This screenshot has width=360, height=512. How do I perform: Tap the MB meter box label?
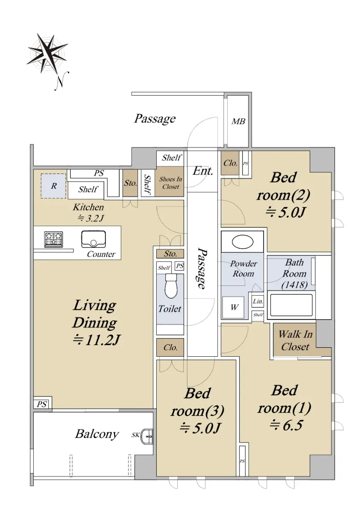pyautogui.click(x=238, y=121)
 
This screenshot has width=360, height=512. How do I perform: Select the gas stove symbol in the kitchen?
pyautogui.click(x=53, y=239)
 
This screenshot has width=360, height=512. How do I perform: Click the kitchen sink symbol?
pyautogui.click(x=94, y=239)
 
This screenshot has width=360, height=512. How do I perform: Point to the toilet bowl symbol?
pyautogui.click(x=171, y=286)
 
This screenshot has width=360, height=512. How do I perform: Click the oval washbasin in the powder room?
pyautogui.click(x=243, y=242)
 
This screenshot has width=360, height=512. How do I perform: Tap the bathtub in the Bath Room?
pyautogui.click(x=291, y=305)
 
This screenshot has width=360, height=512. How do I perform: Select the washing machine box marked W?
pyautogui.click(x=233, y=308)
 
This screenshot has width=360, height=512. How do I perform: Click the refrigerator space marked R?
pyautogui.click(x=53, y=186)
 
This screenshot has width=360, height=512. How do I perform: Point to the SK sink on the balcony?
pyautogui.click(x=147, y=436)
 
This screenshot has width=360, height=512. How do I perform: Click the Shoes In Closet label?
pyautogui.click(x=171, y=183)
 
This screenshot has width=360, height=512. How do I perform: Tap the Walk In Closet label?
pyautogui.click(x=295, y=340)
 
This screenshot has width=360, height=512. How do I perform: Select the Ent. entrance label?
pyautogui.click(x=203, y=171)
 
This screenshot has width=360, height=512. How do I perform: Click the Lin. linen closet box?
pyautogui.click(x=258, y=301)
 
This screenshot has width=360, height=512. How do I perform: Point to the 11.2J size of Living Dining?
pyautogui.click(x=96, y=340)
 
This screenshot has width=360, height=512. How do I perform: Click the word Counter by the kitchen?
pyautogui.click(x=101, y=254)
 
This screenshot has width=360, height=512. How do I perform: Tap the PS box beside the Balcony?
pyautogui.click(x=43, y=404)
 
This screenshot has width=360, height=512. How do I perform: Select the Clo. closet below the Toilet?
pyautogui.click(x=170, y=347)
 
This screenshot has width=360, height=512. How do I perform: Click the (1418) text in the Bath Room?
pyautogui.click(x=295, y=285)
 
